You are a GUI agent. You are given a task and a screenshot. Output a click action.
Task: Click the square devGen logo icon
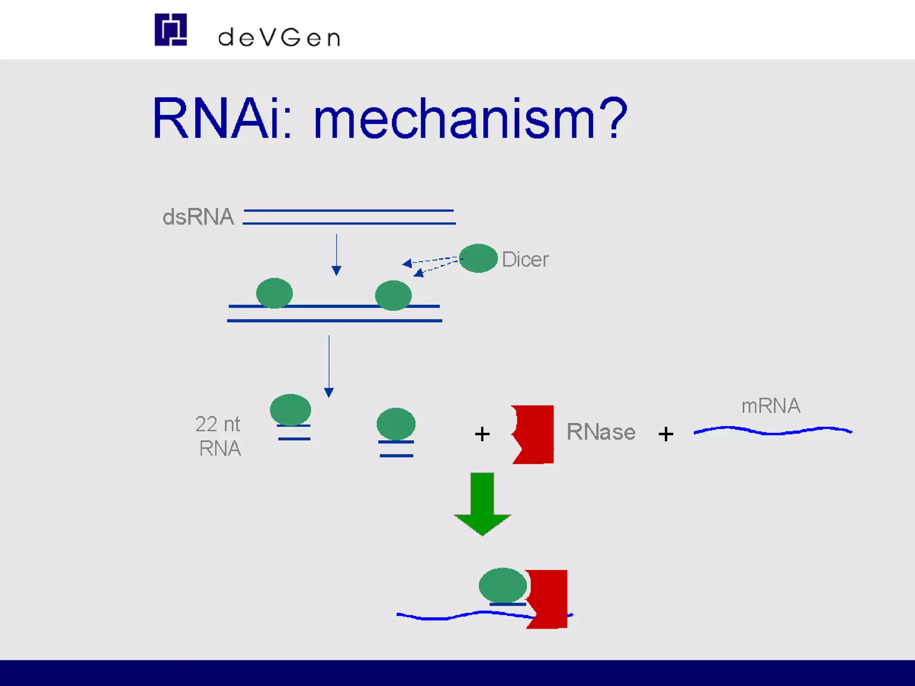170,29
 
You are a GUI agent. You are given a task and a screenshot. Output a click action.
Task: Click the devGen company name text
279,38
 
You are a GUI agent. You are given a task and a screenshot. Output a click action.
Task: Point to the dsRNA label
198,217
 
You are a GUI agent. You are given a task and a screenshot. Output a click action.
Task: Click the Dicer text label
525,259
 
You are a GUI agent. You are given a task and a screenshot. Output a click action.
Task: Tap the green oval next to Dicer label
478,258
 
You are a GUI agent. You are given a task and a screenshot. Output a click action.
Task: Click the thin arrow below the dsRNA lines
336,254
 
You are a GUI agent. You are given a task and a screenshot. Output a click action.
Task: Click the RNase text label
600,432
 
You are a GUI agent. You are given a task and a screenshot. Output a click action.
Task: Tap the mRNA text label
771,406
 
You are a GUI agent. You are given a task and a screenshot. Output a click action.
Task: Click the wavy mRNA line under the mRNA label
772,431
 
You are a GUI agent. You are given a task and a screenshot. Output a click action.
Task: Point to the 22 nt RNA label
218,436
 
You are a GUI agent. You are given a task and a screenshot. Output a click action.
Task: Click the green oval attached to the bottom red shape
503,585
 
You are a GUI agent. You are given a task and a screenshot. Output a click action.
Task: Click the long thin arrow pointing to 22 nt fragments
329,366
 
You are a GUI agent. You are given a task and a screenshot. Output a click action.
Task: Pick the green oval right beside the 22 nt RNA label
290,410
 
